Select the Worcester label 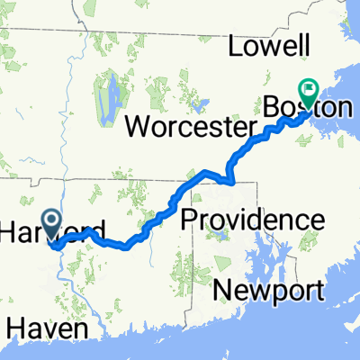pos(194,126)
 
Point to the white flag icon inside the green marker pos(312,89)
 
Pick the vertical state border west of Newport pos(187,297)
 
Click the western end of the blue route pos(51,243)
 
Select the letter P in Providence pos(190,219)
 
